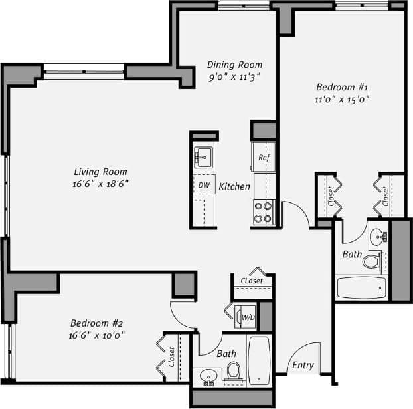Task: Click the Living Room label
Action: [x=100, y=172]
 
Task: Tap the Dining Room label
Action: [x=234, y=65]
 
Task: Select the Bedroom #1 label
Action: [x=341, y=87]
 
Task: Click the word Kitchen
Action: [x=234, y=187]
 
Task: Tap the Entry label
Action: [x=303, y=365]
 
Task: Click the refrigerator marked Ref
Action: [x=264, y=158]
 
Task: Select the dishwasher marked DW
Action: [x=203, y=185]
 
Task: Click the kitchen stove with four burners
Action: [x=264, y=212]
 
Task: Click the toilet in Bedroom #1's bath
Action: [x=371, y=261]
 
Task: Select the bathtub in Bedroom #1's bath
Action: [x=361, y=287]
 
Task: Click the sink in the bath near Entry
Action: [x=209, y=376]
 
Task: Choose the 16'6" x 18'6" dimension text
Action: [x=100, y=184]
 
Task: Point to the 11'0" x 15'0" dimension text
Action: [x=341, y=99]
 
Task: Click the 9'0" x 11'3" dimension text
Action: [x=234, y=76]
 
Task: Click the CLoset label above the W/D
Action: [x=252, y=281]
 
